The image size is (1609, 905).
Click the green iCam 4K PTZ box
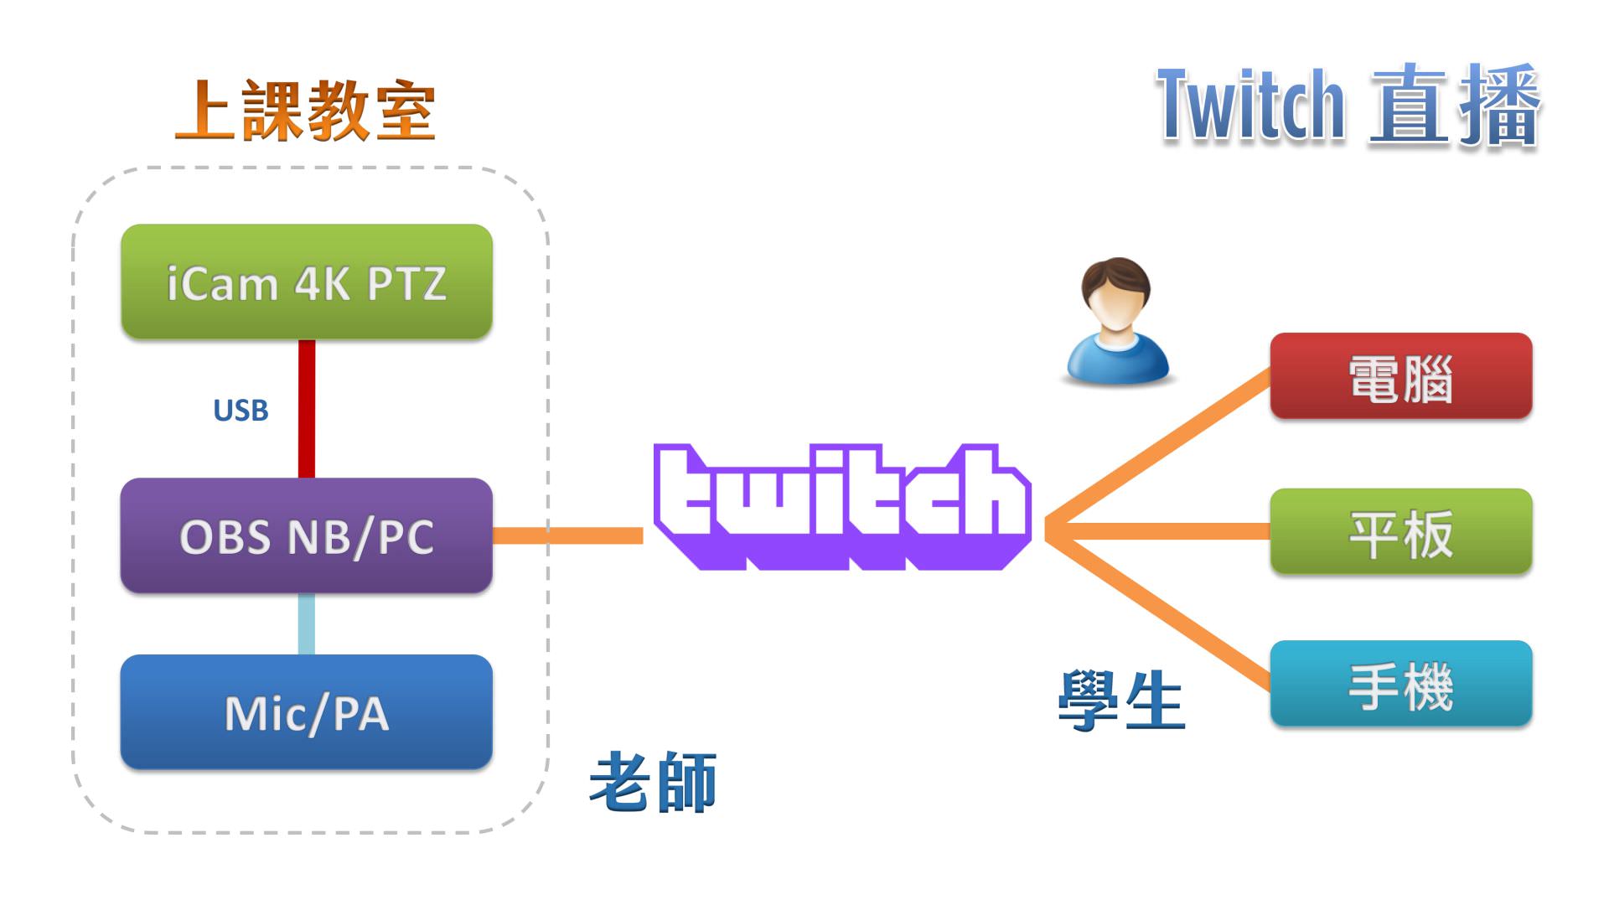coord(307,282)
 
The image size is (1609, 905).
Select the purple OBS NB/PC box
coord(307,536)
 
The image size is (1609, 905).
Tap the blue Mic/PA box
coord(307,712)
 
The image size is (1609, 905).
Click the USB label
coord(241,411)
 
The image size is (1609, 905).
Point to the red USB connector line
coord(307,409)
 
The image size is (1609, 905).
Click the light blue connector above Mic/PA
coord(307,624)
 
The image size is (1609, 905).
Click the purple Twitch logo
coord(841,506)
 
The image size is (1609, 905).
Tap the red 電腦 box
coord(1400,376)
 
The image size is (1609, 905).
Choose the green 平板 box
coord(1400,532)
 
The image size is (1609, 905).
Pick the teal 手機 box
coord(1400,684)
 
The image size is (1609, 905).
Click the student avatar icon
coord(1116,322)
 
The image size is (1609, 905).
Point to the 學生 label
coord(1121,701)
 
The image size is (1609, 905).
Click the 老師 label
coord(653,782)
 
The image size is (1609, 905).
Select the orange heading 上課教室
coord(305,111)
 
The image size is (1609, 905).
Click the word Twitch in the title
coord(1250,106)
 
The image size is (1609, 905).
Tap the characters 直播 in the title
coord(1455,106)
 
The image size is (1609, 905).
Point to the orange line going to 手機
coord(1161,611)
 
